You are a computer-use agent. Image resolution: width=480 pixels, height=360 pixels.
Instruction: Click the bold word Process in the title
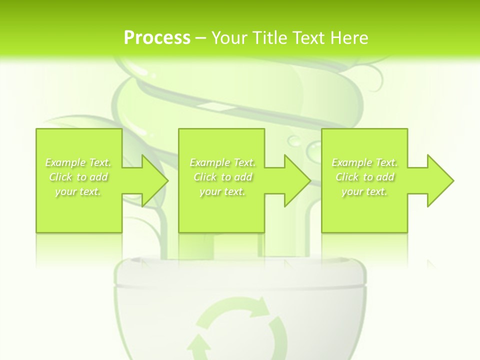click(157, 38)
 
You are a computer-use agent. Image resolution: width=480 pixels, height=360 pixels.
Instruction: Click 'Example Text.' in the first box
click(78, 162)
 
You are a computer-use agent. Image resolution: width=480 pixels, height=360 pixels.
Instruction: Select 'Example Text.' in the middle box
click(222, 162)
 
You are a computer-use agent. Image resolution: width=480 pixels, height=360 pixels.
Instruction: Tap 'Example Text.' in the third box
click(364, 162)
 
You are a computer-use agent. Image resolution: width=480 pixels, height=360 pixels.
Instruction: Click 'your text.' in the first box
click(78, 191)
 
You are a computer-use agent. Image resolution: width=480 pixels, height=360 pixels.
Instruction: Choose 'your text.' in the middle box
click(222, 191)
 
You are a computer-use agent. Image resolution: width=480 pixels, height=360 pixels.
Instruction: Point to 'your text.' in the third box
click(364, 191)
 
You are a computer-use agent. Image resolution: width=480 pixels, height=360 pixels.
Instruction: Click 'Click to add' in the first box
click(78, 177)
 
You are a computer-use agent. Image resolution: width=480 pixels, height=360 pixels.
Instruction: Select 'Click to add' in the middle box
click(222, 177)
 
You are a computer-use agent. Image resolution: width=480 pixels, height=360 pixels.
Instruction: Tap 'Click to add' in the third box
click(364, 177)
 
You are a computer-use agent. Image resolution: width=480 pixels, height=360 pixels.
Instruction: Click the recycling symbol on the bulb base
click(239, 327)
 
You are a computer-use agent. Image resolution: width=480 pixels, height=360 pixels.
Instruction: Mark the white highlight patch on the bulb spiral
click(210, 105)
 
